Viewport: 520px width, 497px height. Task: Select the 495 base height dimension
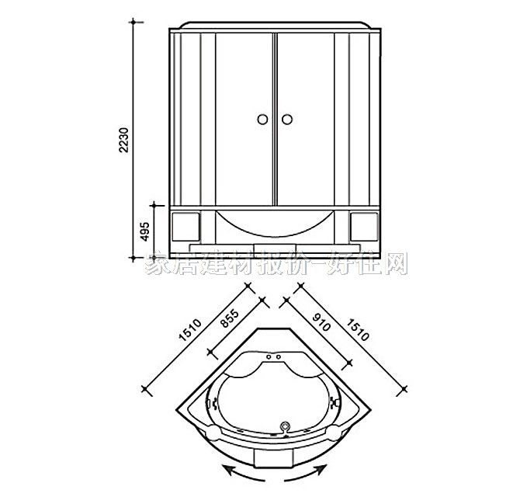coord(145,230)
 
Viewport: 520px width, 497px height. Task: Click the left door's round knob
coord(262,119)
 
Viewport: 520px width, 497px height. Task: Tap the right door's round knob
coord(286,119)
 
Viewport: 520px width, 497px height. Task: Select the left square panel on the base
coord(185,225)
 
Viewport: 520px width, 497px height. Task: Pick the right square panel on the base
coord(363,225)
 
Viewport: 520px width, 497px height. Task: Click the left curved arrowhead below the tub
coord(225,468)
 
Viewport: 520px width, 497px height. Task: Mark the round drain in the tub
coord(285,426)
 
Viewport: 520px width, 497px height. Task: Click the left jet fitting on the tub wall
coord(215,404)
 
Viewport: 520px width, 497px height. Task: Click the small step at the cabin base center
coord(274,248)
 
